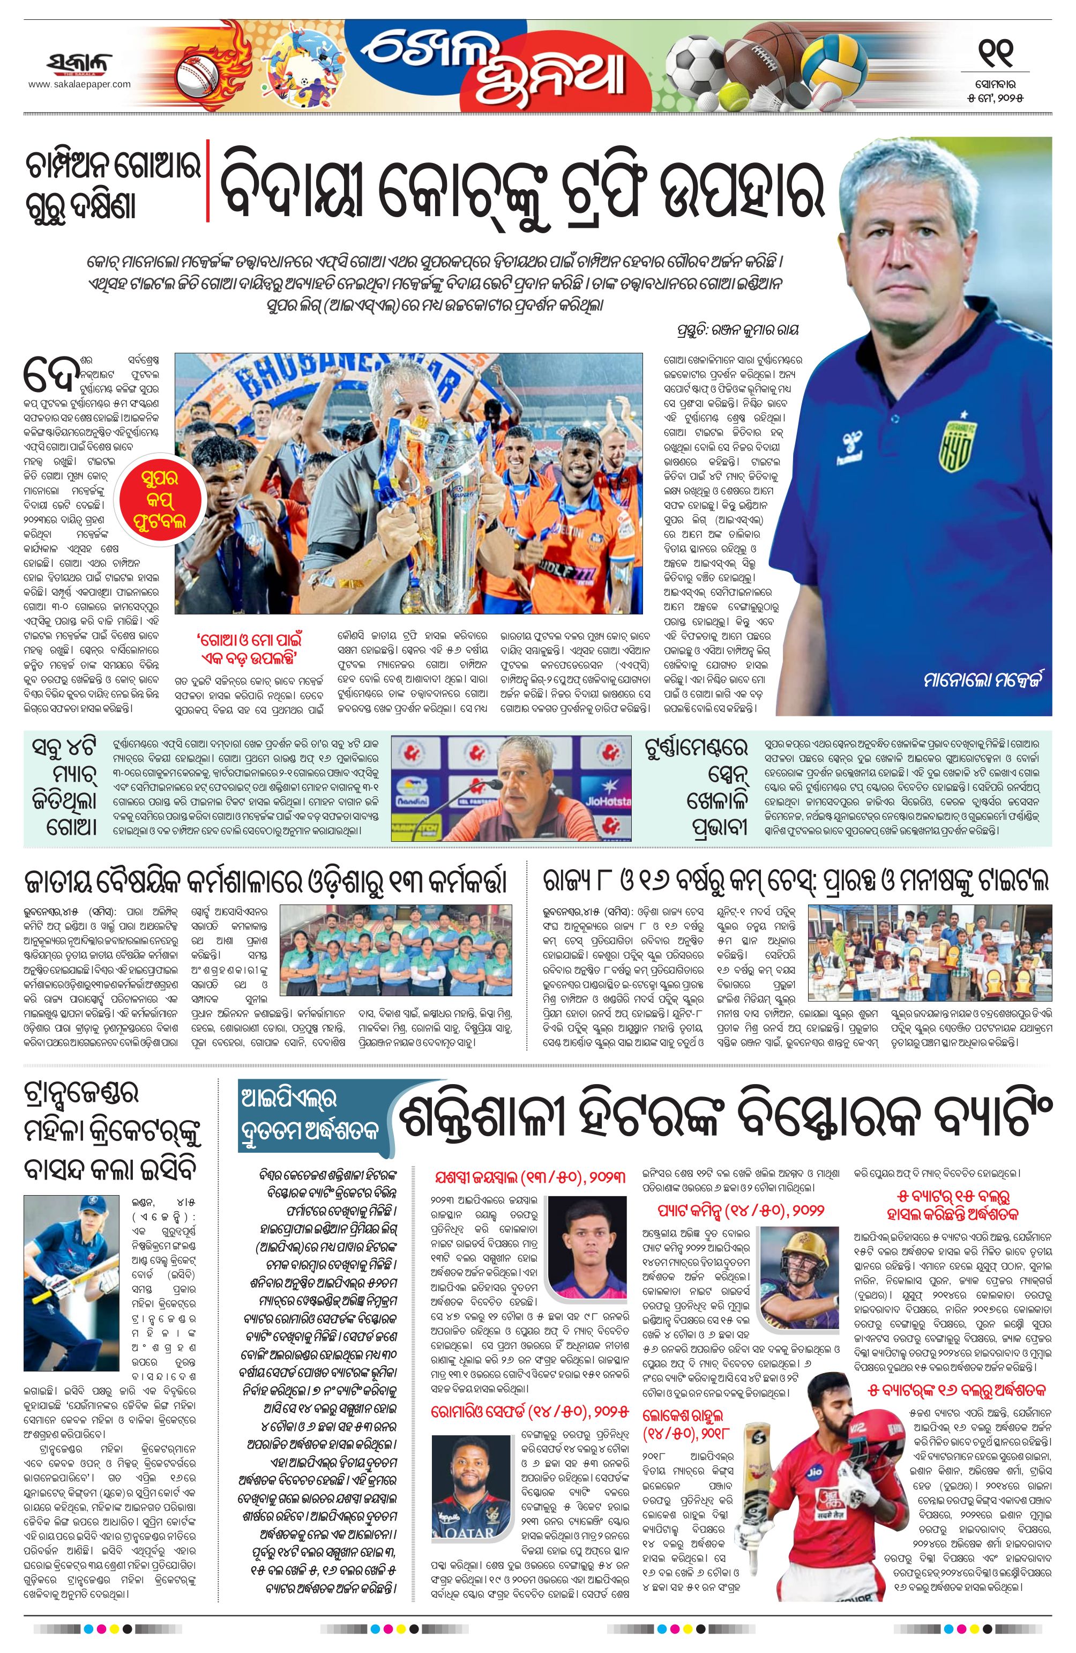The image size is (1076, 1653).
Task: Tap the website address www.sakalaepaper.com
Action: point(79,84)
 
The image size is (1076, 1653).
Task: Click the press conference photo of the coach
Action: point(512,788)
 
